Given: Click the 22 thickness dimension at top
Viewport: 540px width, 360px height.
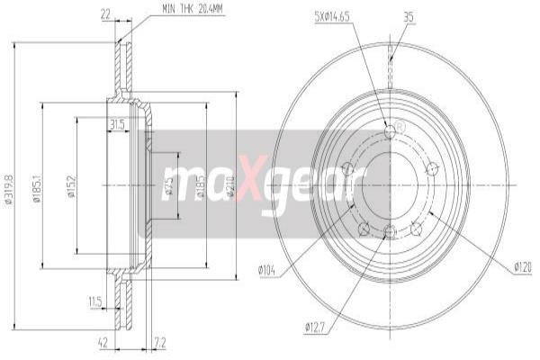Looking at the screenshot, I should (x=105, y=14).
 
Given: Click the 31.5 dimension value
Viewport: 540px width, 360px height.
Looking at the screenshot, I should (x=116, y=124).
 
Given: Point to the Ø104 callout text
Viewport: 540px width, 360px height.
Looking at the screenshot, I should (x=265, y=269).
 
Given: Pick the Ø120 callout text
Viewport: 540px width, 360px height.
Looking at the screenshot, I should (x=525, y=266).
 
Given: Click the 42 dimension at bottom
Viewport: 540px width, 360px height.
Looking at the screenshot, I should (x=103, y=342).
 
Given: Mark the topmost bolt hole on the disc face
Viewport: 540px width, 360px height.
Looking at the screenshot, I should (x=390, y=131).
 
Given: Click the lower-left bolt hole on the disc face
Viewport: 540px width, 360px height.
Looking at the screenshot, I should (x=364, y=229).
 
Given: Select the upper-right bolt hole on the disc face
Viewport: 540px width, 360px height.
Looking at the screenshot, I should (x=431, y=167).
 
